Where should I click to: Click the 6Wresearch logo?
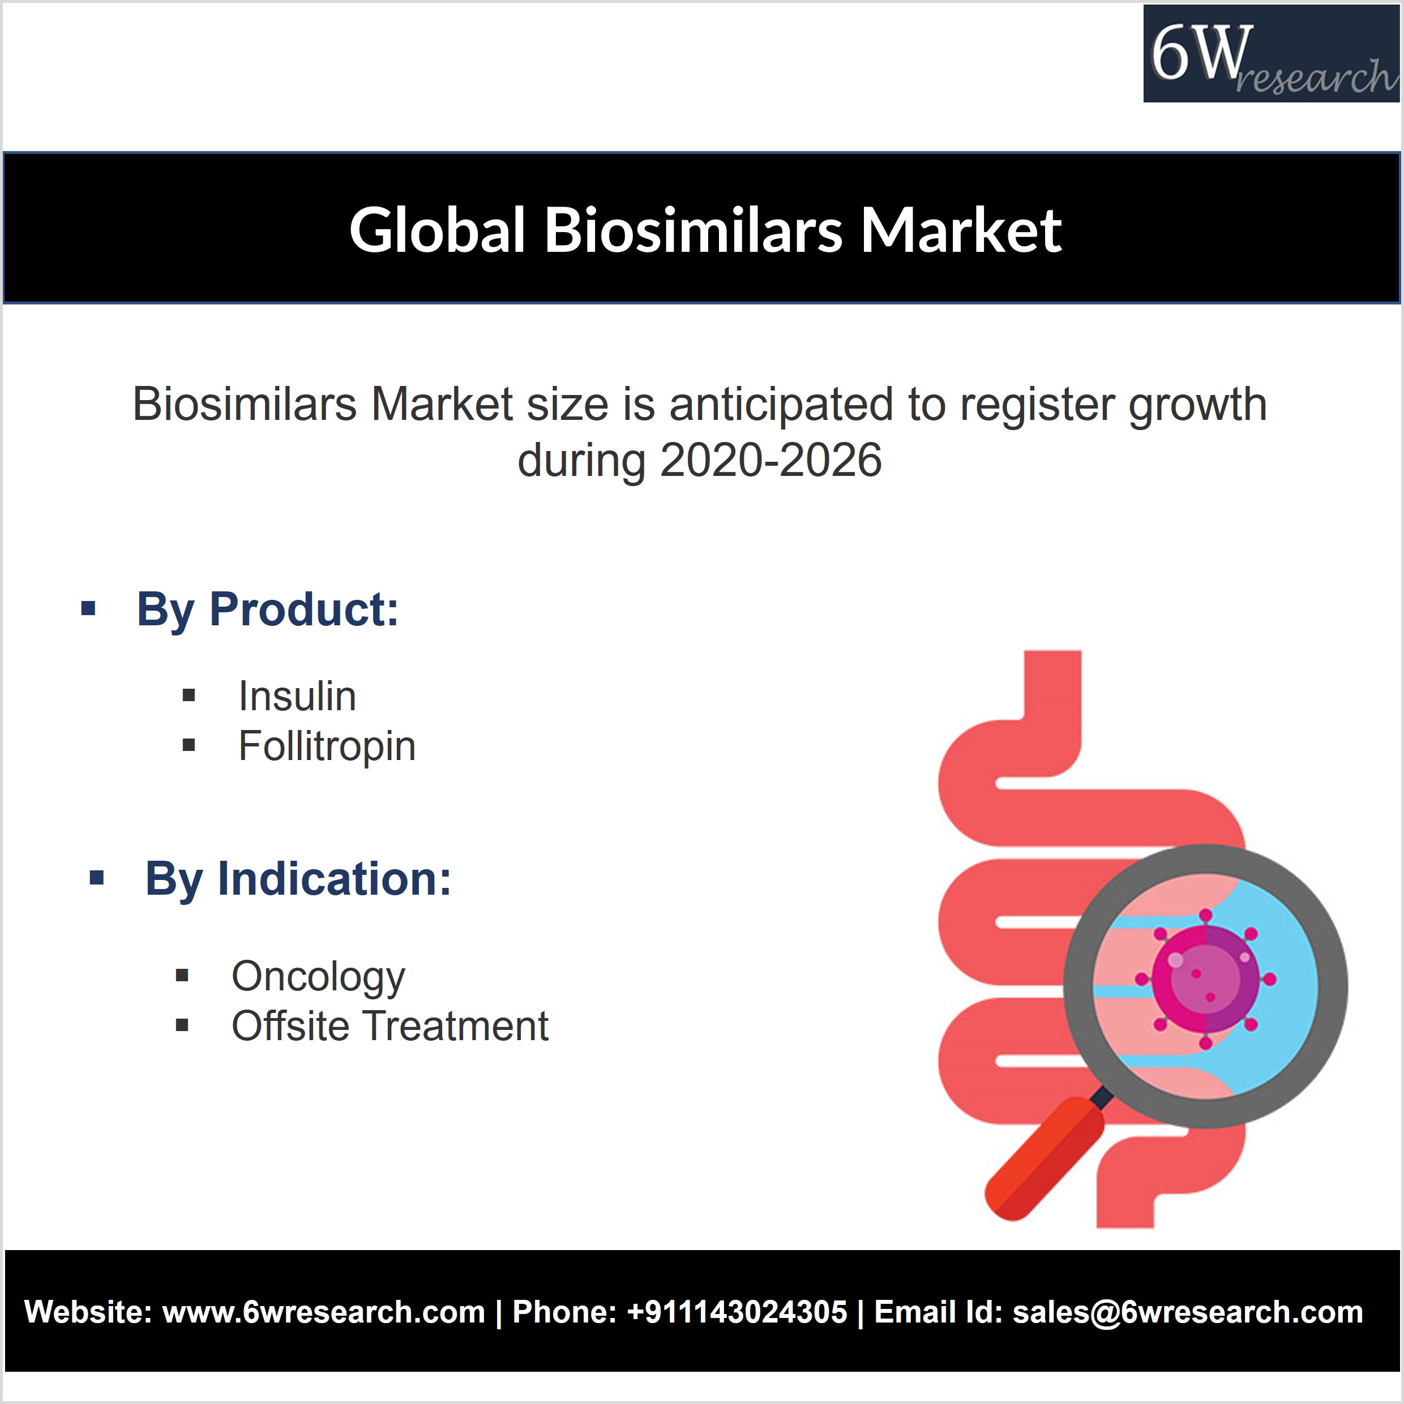point(1271,54)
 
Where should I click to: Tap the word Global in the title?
point(438,230)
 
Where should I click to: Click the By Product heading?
point(268,609)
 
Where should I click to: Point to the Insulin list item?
point(297,696)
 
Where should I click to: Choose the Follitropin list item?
point(327,746)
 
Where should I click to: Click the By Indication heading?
point(298,879)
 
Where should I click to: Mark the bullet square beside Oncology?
point(182,976)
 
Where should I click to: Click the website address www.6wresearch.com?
point(324,1312)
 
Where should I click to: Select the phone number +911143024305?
point(737,1312)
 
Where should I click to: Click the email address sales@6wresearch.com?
point(1188,1312)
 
